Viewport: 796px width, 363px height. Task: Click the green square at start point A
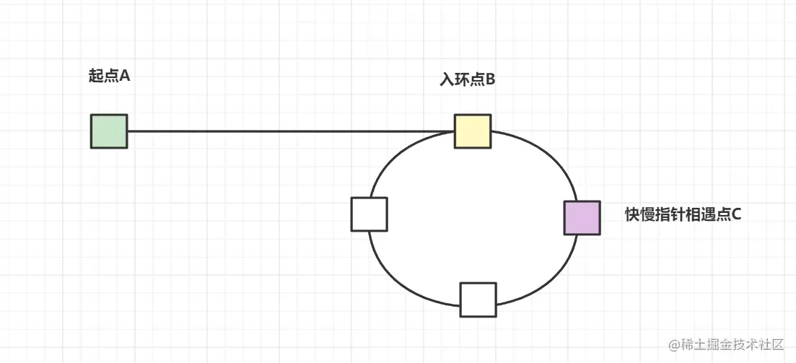point(109,131)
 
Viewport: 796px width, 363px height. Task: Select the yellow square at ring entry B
point(473,131)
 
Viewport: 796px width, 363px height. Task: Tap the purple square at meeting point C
point(582,218)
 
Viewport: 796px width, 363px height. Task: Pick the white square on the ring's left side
point(369,214)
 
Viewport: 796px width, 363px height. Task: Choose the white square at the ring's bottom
point(478,299)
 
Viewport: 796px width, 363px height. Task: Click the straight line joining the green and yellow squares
point(289,131)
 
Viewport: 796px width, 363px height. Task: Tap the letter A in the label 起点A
point(124,76)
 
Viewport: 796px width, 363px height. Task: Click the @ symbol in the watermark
point(674,345)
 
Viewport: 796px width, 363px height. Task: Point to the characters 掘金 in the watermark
point(720,345)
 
